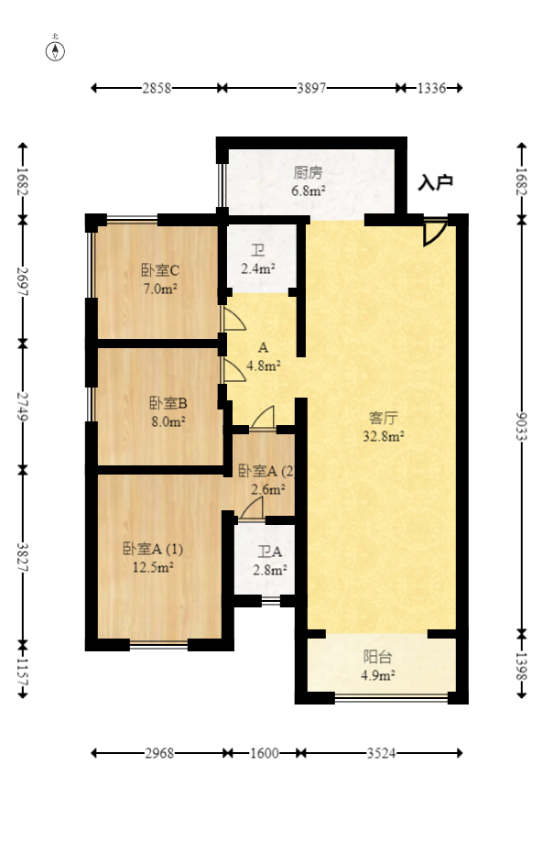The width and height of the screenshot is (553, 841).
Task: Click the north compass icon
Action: click(57, 49)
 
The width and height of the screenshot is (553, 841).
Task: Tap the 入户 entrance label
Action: click(435, 183)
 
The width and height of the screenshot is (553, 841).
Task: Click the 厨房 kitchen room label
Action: click(309, 172)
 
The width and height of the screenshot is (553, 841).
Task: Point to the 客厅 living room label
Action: click(384, 420)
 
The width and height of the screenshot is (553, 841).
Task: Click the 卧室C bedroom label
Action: click(159, 270)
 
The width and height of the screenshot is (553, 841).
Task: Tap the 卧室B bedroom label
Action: click(168, 403)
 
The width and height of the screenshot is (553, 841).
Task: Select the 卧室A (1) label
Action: click(154, 550)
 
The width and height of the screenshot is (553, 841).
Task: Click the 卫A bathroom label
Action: click(270, 552)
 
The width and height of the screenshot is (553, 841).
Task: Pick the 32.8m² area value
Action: click(384, 437)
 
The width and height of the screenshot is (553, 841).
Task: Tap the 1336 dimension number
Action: click(431, 88)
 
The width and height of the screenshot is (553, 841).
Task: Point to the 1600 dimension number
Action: click(265, 754)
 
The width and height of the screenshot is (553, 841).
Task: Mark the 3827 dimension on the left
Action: click(23, 555)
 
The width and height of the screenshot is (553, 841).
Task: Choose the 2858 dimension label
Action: click(157, 88)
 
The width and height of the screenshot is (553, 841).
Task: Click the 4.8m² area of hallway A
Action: click(264, 364)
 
